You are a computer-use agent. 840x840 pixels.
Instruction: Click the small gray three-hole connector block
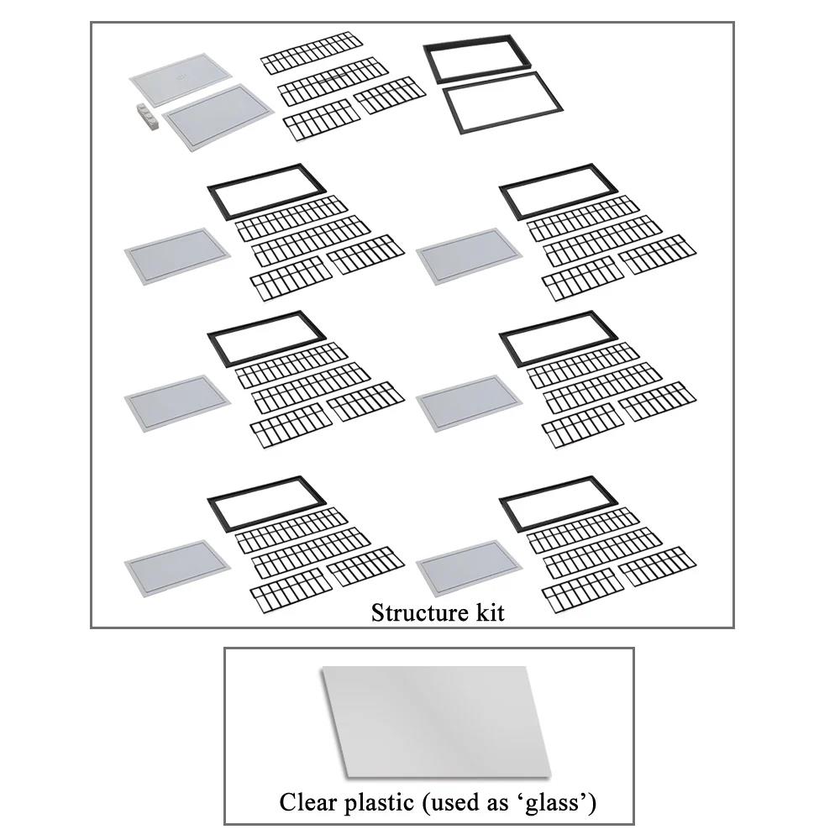[x=146, y=114]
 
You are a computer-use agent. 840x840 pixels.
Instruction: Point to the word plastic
[x=375, y=803]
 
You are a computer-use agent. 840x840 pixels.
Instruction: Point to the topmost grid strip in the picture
[x=312, y=52]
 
